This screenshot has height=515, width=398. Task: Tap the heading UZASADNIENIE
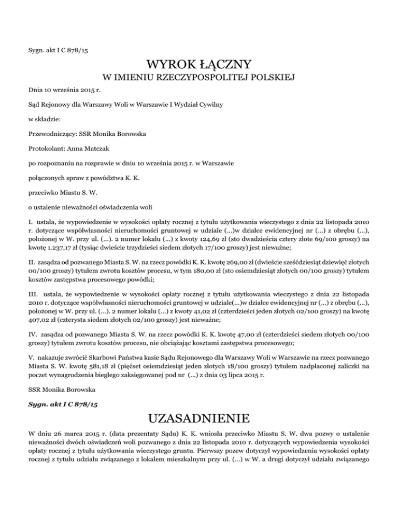point(199,417)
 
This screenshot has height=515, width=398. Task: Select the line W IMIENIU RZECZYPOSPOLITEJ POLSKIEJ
point(199,78)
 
